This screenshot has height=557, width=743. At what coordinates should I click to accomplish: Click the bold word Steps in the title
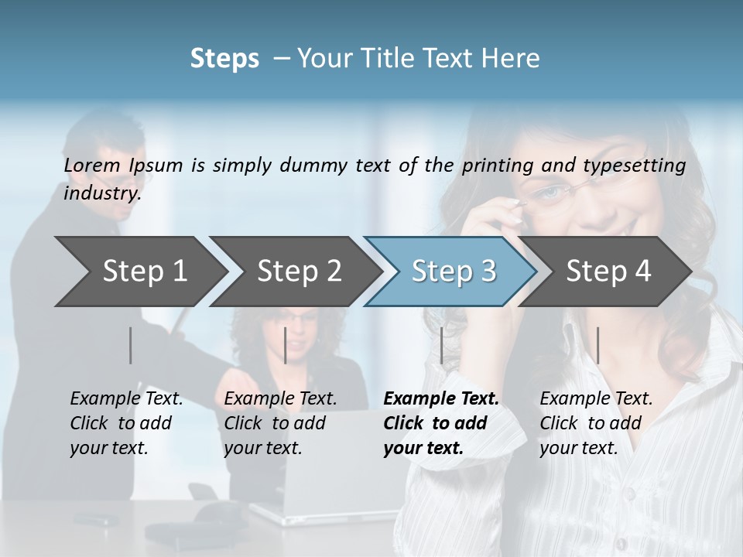[x=224, y=59]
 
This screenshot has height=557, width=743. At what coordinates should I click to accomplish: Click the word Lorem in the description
[x=92, y=166]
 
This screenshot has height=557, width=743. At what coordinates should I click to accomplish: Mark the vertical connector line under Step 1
[x=131, y=345]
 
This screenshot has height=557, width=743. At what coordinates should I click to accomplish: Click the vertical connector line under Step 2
[x=286, y=345]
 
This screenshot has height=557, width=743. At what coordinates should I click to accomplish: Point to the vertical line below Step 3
[x=441, y=345]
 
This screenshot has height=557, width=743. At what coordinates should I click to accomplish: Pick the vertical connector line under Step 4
[x=597, y=345]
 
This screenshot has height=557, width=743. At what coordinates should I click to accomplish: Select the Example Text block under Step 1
[x=126, y=423]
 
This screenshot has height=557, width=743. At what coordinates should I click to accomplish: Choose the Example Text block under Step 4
[x=596, y=423]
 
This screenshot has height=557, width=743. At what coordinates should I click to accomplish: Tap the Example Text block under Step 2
[x=280, y=423]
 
